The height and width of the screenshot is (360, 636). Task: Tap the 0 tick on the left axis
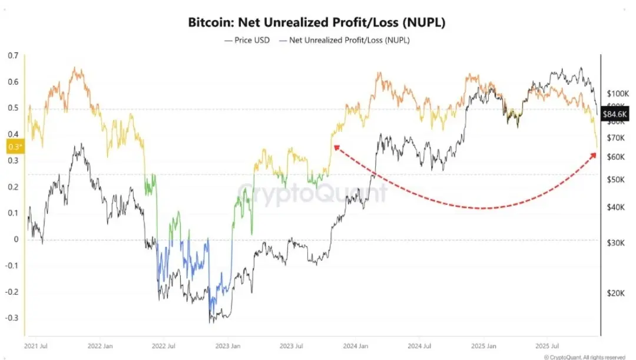(x=16, y=239)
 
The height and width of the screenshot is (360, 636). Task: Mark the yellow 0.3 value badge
(x=14, y=146)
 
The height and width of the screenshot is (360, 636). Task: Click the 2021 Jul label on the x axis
(x=36, y=346)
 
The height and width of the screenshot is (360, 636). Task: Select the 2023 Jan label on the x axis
(x=227, y=346)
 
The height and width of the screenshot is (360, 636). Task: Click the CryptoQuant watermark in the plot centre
(x=313, y=193)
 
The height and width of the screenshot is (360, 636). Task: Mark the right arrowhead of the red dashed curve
(x=593, y=154)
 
